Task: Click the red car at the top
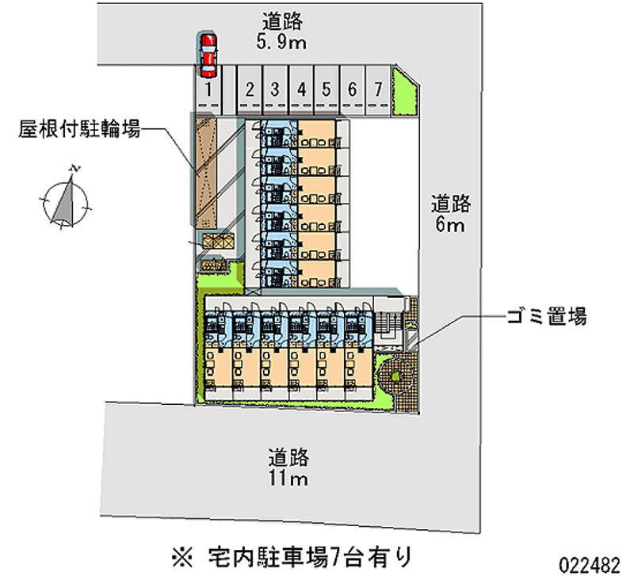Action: click(x=208, y=51)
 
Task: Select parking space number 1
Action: click(x=208, y=90)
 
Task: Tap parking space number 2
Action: click(x=249, y=90)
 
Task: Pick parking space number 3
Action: click(x=274, y=90)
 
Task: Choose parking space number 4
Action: click(x=301, y=90)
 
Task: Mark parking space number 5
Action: click(x=326, y=90)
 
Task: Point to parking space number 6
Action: click(x=352, y=90)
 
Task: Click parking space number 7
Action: click(x=379, y=90)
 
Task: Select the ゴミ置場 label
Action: click(x=546, y=318)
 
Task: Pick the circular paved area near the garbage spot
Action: click(x=395, y=377)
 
